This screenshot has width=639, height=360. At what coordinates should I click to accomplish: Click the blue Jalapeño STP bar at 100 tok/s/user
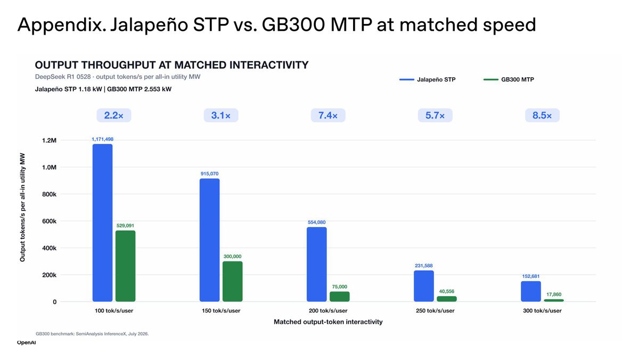click(102, 223)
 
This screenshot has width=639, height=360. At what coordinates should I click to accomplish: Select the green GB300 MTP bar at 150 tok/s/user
click(233, 281)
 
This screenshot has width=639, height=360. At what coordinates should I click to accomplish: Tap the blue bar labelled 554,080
click(317, 264)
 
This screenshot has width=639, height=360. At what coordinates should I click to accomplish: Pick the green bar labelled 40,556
click(447, 299)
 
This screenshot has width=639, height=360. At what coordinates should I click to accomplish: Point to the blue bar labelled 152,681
click(531, 291)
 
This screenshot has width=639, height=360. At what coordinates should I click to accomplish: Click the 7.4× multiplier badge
click(328, 116)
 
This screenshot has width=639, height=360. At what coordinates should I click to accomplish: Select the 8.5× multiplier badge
click(542, 116)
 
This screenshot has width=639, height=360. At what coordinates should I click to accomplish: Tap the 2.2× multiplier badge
click(114, 116)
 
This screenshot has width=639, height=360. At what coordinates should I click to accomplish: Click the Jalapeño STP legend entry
click(427, 79)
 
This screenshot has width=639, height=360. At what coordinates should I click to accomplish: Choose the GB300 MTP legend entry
click(509, 79)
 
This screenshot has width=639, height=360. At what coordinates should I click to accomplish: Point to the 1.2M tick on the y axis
click(49, 141)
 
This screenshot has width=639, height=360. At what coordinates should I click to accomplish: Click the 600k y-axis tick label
click(49, 221)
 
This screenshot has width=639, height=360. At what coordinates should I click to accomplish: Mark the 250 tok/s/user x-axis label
click(435, 310)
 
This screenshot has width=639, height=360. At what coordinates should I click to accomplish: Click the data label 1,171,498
click(102, 139)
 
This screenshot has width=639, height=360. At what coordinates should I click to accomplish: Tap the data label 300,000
click(233, 257)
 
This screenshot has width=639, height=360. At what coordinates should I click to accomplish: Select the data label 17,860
click(554, 294)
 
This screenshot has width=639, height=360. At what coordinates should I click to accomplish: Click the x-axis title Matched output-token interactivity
click(328, 322)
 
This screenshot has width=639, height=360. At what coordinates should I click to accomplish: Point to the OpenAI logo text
click(26, 342)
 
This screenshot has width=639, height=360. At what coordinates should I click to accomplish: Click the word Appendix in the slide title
click(62, 25)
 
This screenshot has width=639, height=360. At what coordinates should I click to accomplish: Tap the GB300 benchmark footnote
click(92, 334)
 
